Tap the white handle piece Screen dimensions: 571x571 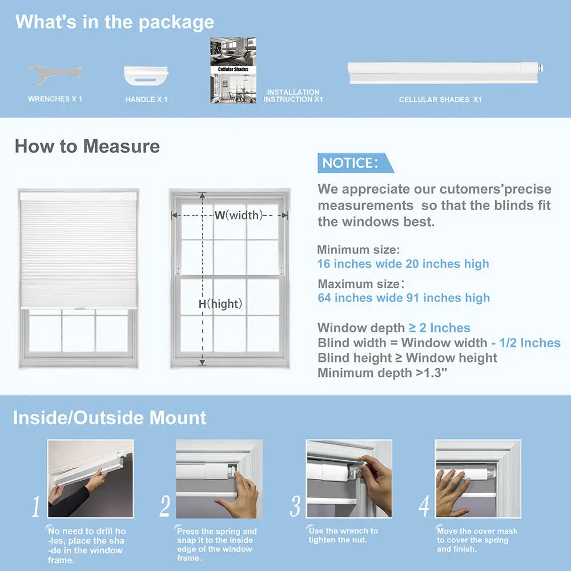coord(147,75)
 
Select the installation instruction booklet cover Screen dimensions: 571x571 coord(233,70)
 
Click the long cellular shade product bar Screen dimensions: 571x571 coord(444,73)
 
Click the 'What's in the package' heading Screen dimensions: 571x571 coord(115,22)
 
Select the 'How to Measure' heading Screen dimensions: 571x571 coord(87,146)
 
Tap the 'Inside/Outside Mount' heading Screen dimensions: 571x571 coord(110,417)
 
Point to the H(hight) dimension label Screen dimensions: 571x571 coord(220,304)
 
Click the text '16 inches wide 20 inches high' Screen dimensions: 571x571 coord(403,264)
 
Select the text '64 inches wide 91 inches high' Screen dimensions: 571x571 coord(404,297)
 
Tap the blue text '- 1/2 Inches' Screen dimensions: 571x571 coord(525,343)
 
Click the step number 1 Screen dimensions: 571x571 coord(36,506)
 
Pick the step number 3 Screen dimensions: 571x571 coord(295,506)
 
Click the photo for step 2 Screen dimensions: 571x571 coord(219,478)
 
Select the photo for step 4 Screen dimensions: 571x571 coord(478,478)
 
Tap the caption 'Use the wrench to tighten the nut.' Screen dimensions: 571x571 coord(343,535)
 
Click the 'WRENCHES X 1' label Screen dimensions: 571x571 coord(55,99)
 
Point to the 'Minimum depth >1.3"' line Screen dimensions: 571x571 coord(383,373)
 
